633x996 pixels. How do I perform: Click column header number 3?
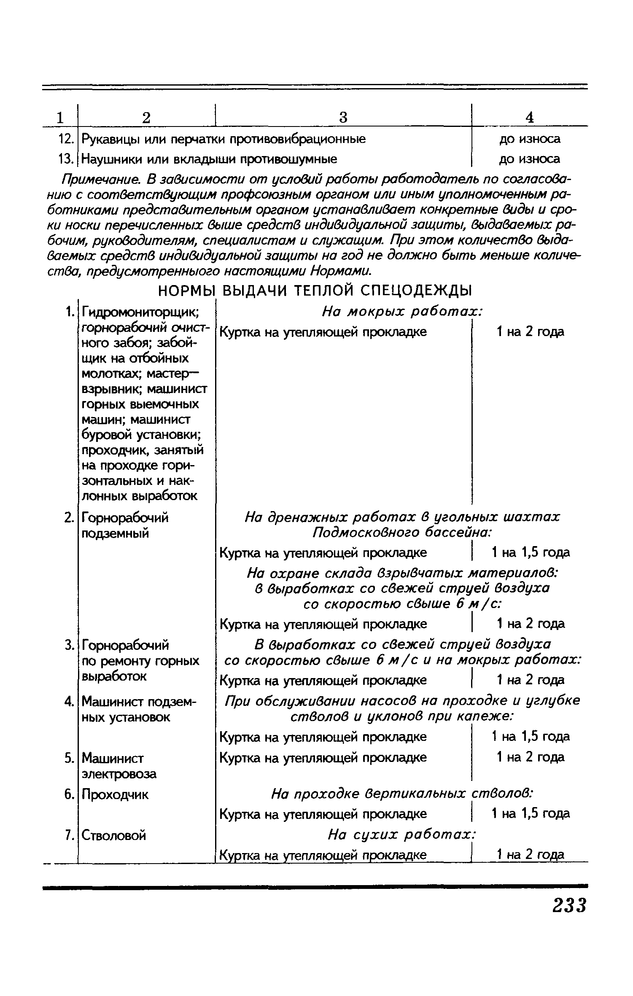[343, 117]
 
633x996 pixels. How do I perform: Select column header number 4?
[530, 117]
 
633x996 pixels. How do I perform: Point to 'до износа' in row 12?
[530, 139]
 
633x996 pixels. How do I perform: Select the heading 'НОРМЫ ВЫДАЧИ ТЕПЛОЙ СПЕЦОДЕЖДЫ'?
[315, 291]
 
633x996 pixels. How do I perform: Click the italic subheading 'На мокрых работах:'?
[402, 312]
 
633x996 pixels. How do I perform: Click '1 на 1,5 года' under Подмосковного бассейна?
[531, 552]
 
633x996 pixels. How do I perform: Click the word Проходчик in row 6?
[115, 795]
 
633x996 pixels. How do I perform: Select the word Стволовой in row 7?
[113, 835]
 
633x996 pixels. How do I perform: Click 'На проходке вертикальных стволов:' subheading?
[402, 794]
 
